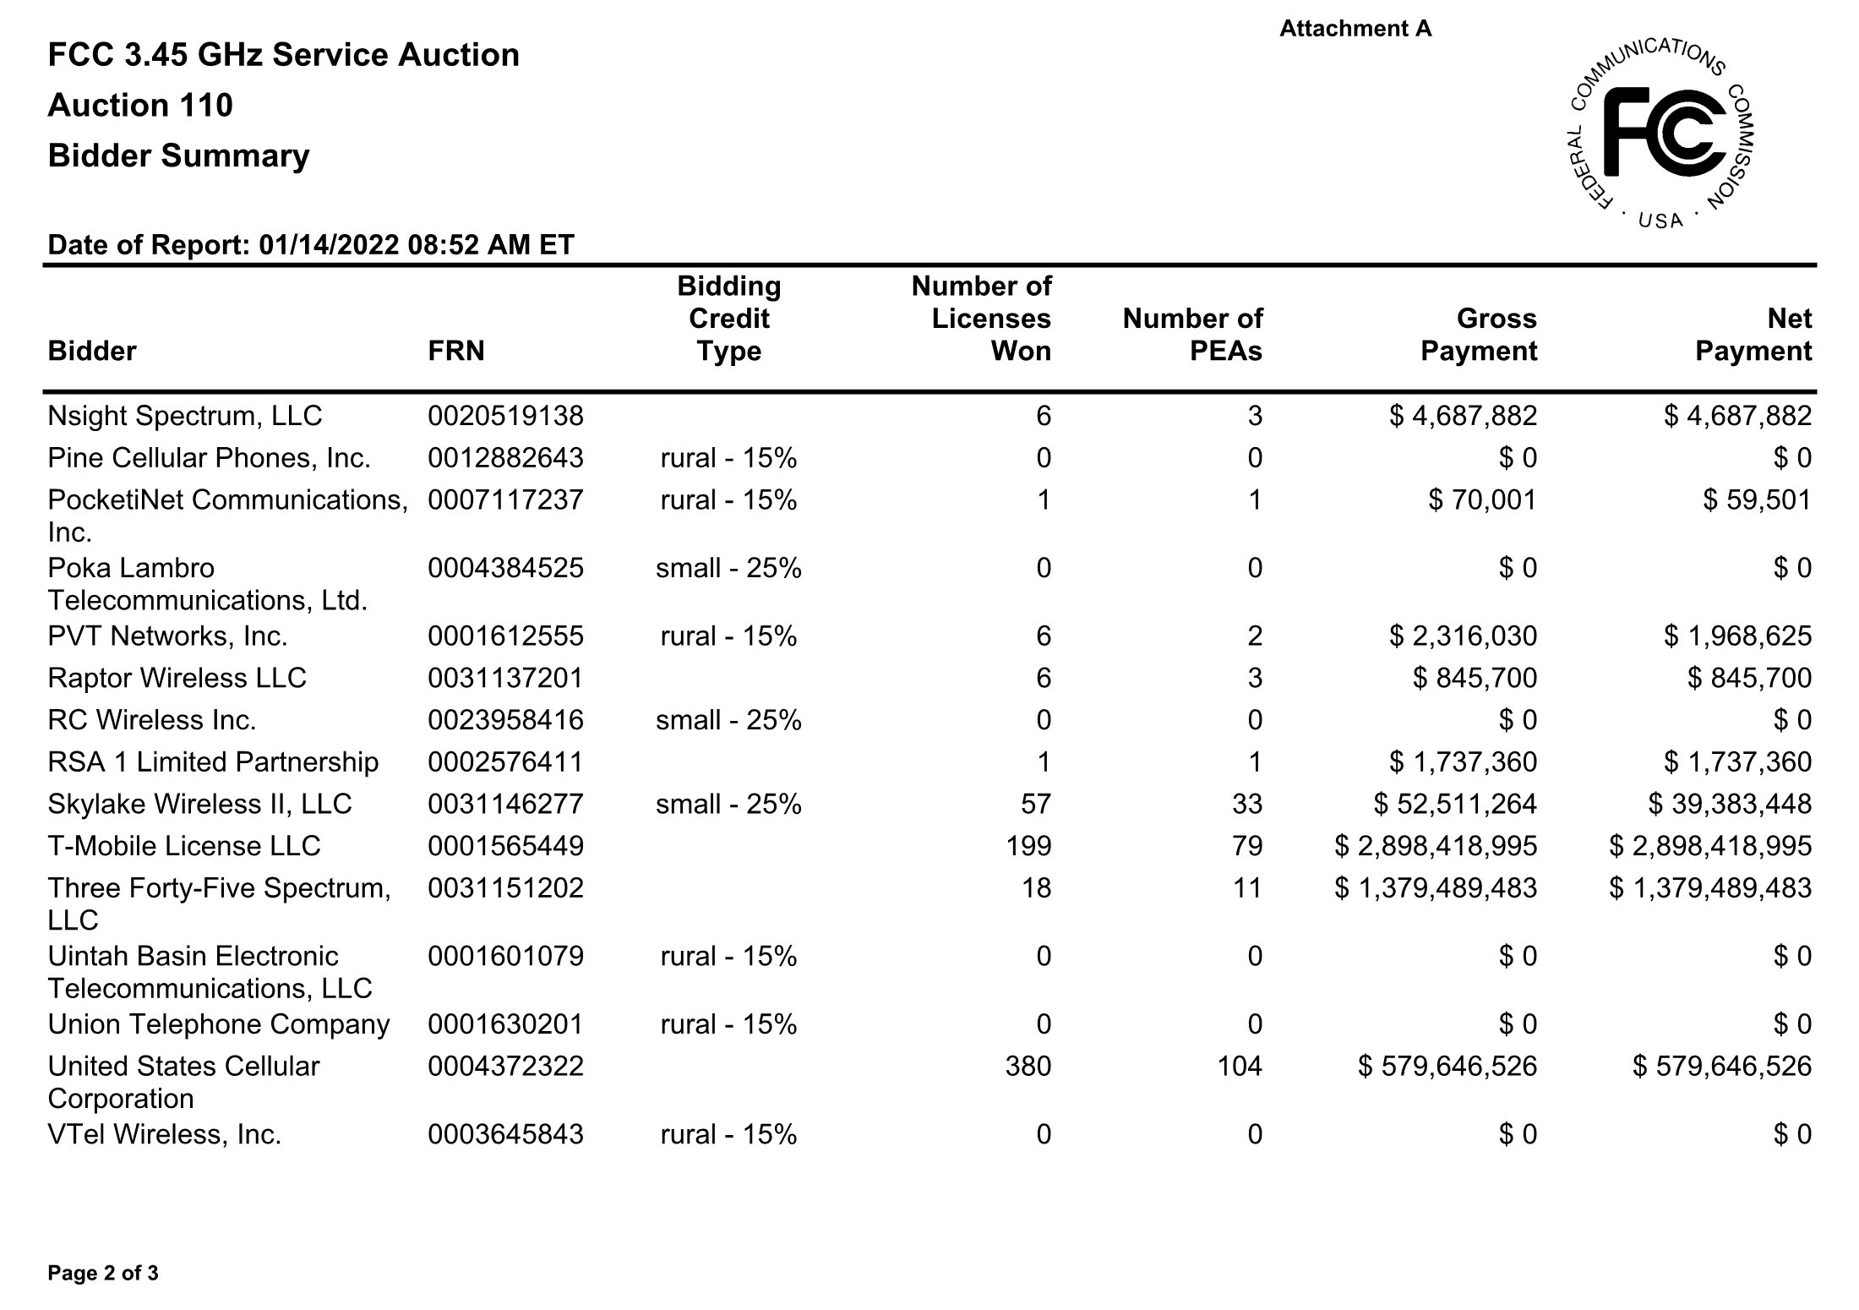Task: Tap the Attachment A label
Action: pyautogui.click(x=1355, y=29)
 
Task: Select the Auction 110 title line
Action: pyautogui.click(x=140, y=106)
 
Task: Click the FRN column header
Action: pyautogui.click(x=456, y=351)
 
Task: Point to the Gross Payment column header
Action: pyautogui.click(x=1478, y=335)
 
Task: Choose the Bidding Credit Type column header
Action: pyautogui.click(x=728, y=319)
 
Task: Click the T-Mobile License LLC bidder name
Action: pyautogui.click(x=184, y=846)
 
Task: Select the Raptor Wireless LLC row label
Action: pyautogui.click(x=177, y=678)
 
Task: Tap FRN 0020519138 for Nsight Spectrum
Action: pyautogui.click(x=505, y=416)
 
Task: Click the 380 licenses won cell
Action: pyautogui.click(x=1028, y=1066)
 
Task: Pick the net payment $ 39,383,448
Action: pyautogui.click(x=1729, y=804)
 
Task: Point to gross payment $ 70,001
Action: pyautogui.click(x=1482, y=500)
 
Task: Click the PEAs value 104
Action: pyautogui.click(x=1239, y=1066)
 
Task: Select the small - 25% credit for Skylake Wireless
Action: pyautogui.click(x=728, y=804)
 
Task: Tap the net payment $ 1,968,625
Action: pyautogui.click(x=1737, y=636)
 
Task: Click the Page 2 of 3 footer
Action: pyautogui.click(x=103, y=1273)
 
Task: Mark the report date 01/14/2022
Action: pyautogui.click(x=329, y=245)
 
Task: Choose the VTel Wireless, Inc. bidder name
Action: pyautogui.click(x=164, y=1133)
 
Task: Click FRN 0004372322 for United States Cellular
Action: pyautogui.click(x=505, y=1066)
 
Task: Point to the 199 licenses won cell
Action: pyautogui.click(x=1028, y=846)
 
